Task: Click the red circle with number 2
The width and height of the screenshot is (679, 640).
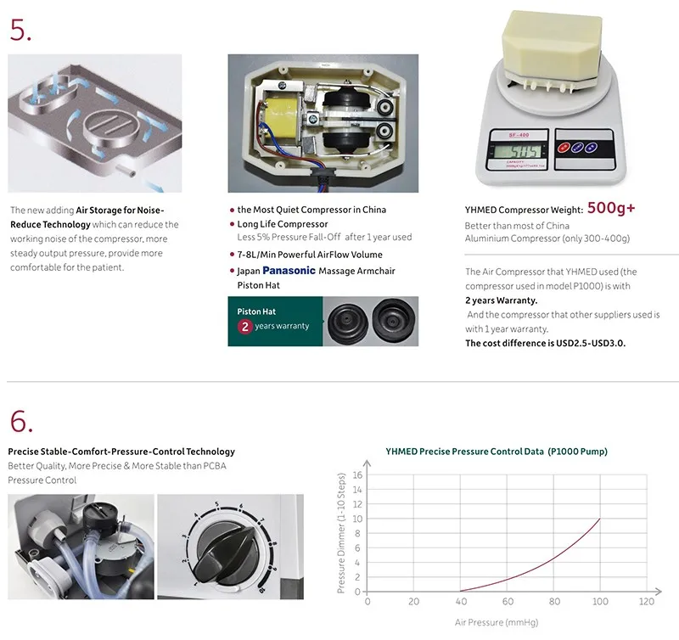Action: tap(244, 326)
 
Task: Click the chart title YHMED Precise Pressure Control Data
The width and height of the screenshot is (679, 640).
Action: tap(497, 452)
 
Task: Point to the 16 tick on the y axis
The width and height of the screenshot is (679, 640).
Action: tap(357, 475)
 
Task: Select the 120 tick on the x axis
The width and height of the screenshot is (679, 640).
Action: tap(647, 602)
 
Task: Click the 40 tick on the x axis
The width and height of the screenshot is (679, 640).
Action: tap(460, 602)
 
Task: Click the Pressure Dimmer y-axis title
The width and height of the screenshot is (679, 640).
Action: tap(342, 532)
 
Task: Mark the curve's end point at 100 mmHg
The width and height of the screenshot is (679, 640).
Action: tap(600, 519)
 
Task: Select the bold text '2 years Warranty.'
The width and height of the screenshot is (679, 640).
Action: tap(501, 300)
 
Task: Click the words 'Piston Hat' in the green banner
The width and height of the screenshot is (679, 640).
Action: tap(256, 312)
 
